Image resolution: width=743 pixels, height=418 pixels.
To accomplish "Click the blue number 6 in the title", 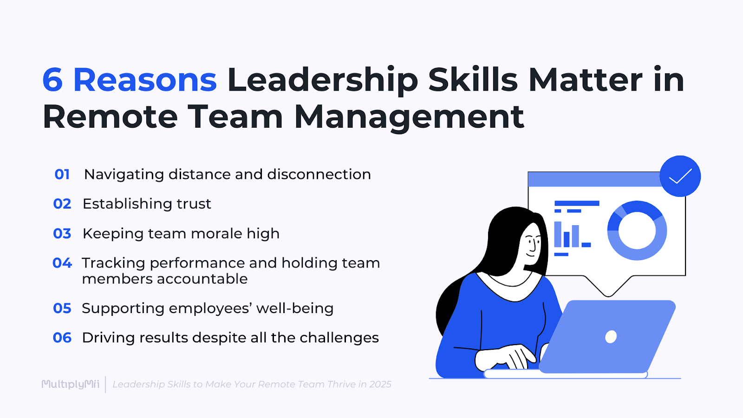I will point(52,80).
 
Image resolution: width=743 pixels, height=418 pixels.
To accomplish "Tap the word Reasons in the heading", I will point(145,80).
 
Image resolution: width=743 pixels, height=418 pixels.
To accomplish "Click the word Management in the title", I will point(409,117).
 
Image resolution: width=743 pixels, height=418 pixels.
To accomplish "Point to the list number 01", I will point(62,174).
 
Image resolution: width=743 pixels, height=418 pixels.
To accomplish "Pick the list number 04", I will point(62,263).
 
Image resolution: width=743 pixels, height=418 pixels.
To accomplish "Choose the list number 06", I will point(62,338).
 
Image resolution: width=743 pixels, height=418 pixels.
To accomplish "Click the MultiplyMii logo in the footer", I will point(71,384).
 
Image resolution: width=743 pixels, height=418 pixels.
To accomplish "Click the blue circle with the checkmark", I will point(680,176).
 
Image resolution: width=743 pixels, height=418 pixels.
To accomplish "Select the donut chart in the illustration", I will point(637,230).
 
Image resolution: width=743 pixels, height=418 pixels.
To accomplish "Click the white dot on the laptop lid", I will point(611,336).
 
